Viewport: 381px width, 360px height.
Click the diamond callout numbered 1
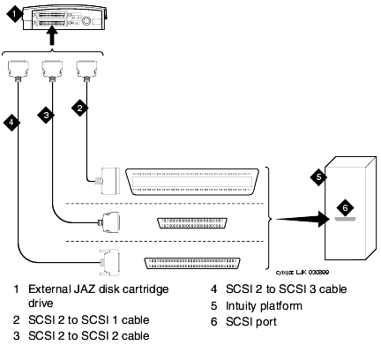[x=14, y=13]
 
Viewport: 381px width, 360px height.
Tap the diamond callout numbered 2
[x=79, y=108]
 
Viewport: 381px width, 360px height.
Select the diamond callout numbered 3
[x=46, y=115]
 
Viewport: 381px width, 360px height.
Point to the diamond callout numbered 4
[x=11, y=122]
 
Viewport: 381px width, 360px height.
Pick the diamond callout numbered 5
[x=318, y=177]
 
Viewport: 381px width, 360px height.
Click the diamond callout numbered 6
[x=345, y=207]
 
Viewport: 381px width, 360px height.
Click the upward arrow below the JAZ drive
[x=52, y=35]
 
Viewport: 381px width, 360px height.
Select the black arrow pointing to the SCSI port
[x=303, y=219]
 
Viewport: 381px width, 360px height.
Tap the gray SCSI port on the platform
[x=345, y=219]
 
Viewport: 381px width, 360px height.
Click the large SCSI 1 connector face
[x=192, y=182]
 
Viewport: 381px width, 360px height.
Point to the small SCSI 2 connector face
[x=192, y=223]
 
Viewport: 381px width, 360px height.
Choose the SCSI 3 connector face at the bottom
[x=192, y=264]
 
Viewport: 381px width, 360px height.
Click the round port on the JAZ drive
[x=86, y=20]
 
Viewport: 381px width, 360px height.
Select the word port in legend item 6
[x=265, y=322]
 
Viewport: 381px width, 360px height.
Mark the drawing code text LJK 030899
[x=312, y=272]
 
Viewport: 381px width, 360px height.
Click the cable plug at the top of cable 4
[x=19, y=70]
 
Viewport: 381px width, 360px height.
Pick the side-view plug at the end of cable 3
[x=109, y=222]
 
